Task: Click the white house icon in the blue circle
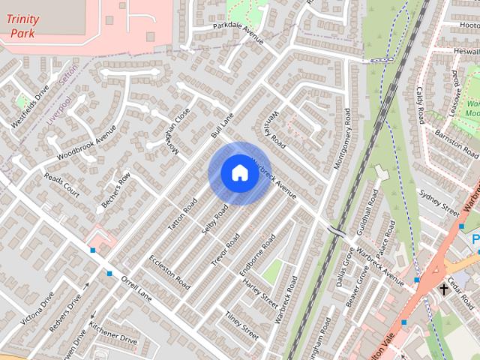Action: click(239, 173)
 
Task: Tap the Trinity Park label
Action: click(22, 26)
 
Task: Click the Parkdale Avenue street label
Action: click(238, 33)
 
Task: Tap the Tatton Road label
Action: click(183, 214)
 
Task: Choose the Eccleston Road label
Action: click(169, 272)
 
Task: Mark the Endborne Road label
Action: click(257, 255)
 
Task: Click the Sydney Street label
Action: click(439, 202)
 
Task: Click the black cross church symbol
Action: click(444, 288)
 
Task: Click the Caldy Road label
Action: click(420, 105)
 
